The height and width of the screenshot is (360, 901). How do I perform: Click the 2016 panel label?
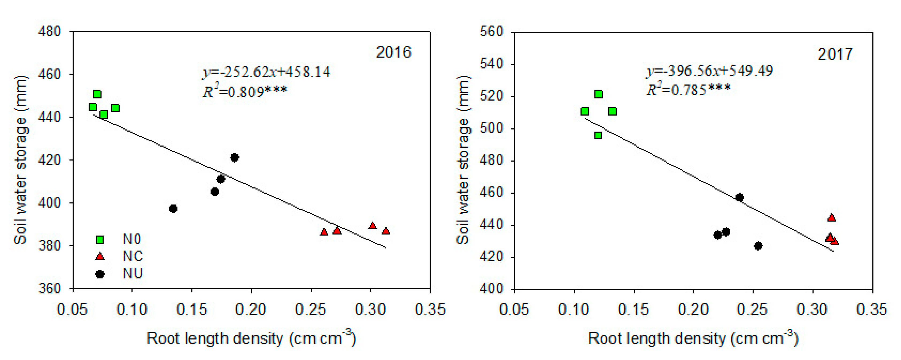393,52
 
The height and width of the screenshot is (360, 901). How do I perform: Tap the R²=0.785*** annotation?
688,90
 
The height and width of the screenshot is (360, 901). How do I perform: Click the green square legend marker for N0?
100,240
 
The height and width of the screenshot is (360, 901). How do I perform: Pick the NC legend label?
133,256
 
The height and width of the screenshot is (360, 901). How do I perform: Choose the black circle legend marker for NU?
100,274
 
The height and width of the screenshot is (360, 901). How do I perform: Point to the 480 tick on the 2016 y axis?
49,32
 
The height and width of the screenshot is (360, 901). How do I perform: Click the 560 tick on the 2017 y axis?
492,32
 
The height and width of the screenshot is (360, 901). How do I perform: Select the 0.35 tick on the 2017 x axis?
871,309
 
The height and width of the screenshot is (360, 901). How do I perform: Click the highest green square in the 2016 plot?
97,94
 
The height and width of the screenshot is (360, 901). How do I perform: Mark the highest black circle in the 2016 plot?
235,158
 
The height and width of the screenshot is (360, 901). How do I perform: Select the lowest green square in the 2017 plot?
598,135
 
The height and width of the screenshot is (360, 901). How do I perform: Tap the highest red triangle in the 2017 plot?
832,218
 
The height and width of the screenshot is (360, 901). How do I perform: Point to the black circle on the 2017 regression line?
739,197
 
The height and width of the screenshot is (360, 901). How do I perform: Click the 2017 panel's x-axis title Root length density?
693,338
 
